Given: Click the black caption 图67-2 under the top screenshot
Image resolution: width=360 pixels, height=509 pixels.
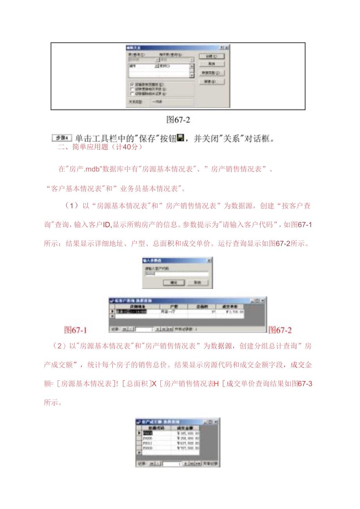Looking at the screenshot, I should [x=178, y=119].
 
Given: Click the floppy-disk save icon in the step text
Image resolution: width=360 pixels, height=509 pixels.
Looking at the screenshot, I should [x=180, y=138].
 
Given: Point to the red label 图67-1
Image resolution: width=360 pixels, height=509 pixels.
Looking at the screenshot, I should [x=76, y=330].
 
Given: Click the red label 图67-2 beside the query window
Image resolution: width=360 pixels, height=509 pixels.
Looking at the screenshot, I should [x=280, y=330].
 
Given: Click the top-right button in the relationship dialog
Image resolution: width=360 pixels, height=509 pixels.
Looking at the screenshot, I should [x=212, y=56].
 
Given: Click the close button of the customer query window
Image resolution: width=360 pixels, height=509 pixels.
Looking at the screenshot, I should [x=262, y=300].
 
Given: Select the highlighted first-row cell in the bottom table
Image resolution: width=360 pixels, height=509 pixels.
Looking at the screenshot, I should [x=148, y=433].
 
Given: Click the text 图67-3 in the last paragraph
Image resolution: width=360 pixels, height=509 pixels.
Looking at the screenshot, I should [x=305, y=383].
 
